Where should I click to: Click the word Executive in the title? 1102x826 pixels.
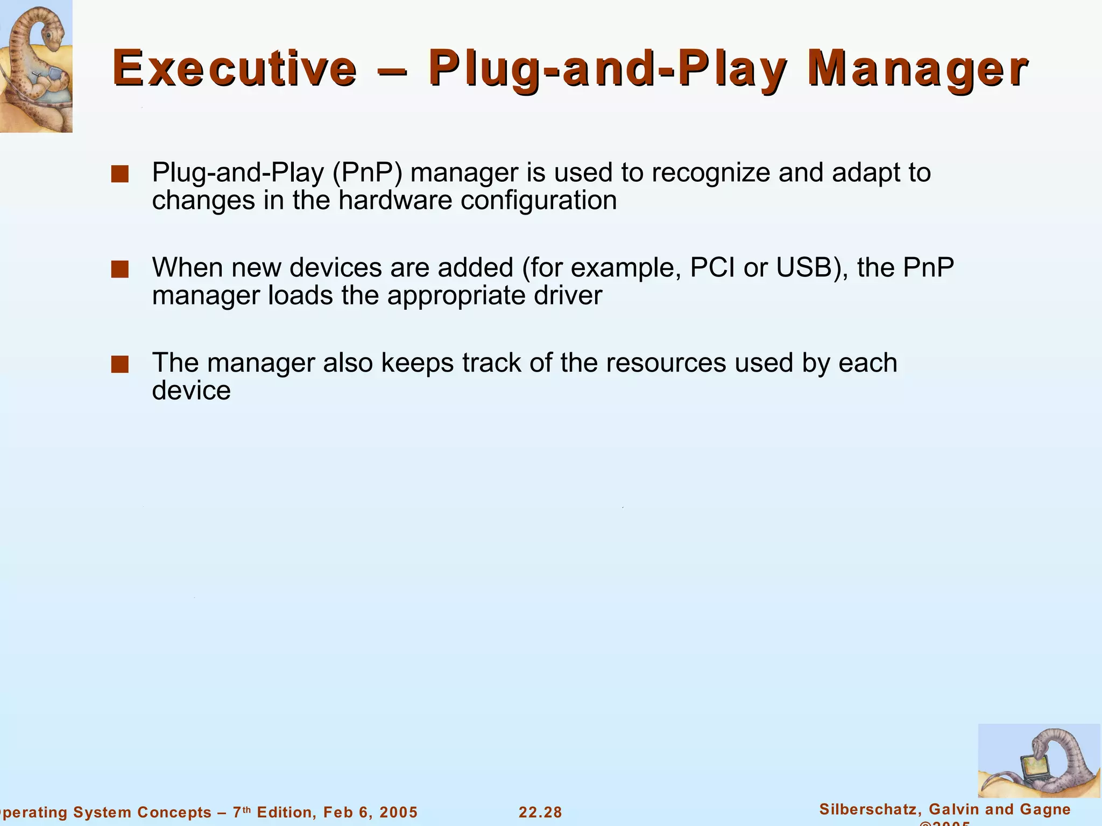235,69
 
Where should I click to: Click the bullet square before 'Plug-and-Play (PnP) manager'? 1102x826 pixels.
119,174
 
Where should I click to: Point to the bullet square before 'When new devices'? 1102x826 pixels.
119,269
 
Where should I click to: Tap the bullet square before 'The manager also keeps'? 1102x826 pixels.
119,365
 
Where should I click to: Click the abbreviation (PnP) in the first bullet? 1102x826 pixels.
368,173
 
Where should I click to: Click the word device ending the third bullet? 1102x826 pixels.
191,390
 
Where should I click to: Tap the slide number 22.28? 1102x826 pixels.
540,813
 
